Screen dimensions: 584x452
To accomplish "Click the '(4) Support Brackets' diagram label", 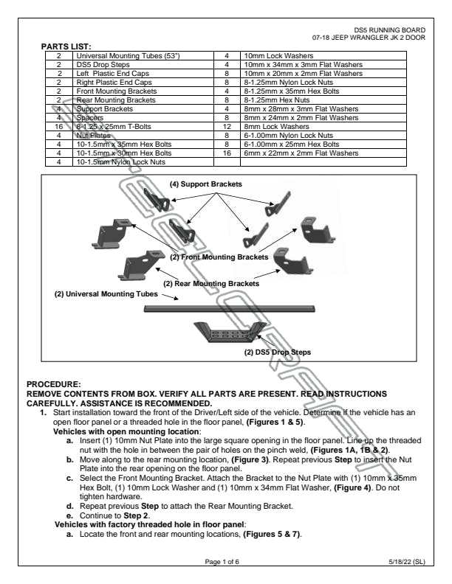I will (206, 183).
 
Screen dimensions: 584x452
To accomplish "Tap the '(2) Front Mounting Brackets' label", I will (219, 258).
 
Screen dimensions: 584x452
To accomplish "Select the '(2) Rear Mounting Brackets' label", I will (211, 283).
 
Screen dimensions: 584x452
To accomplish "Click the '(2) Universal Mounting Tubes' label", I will (106, 295).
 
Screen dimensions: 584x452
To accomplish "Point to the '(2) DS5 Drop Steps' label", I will (278, 352).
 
